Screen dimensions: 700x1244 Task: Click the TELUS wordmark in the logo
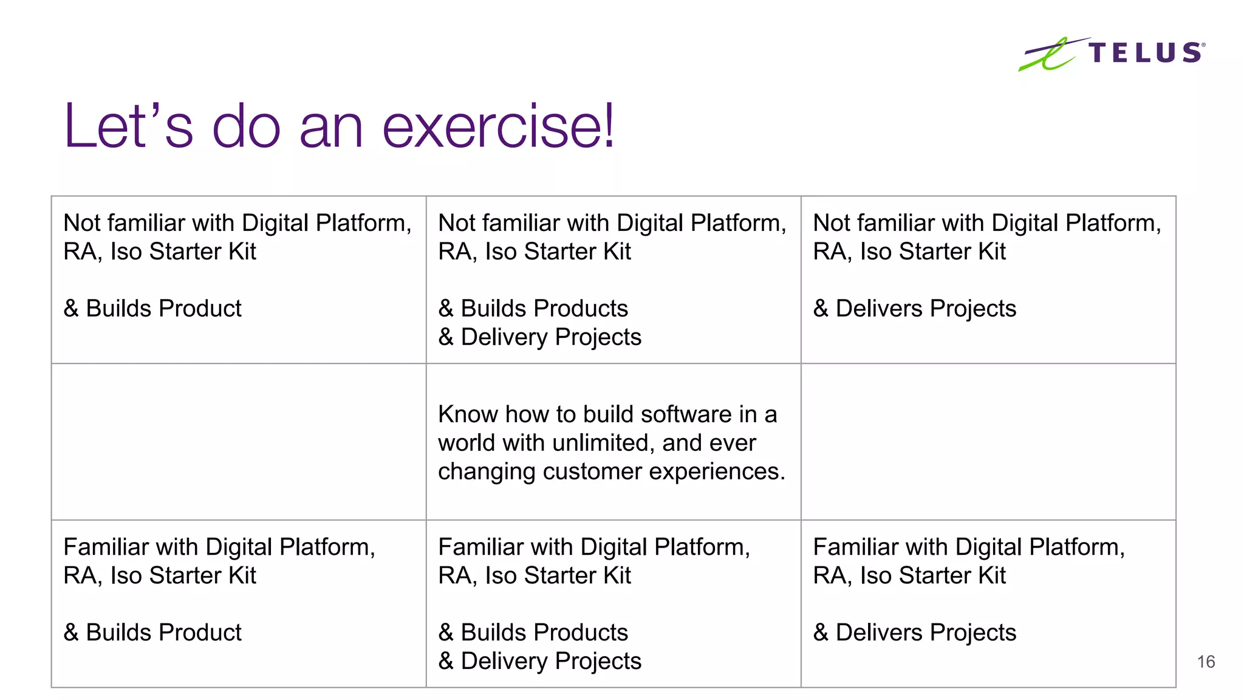tap(1145, 53)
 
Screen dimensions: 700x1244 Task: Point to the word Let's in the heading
tap(128, 126)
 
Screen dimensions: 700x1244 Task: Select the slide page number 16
tap(1206, 662)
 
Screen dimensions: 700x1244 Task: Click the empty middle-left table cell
tap(239, 442)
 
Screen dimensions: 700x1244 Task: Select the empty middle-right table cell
tap(988, 442)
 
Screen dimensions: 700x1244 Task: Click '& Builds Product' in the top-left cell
tap(152, 309)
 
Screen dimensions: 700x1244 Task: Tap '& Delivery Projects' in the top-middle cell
tap(540, 337)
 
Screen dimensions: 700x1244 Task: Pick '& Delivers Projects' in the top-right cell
tap(915, 309)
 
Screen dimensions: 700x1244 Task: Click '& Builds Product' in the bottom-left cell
tap(152, 633)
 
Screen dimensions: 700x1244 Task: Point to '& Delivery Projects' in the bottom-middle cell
tap(540, 661)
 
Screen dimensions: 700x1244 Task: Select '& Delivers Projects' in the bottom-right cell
tap(915, 633)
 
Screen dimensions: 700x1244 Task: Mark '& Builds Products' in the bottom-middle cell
tap(533, 633)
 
